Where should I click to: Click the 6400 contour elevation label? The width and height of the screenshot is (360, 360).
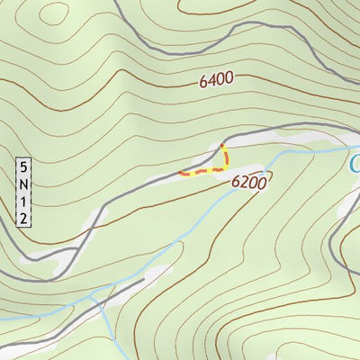[x=216, y=80]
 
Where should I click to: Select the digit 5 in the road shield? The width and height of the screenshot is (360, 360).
[x=24, y=167]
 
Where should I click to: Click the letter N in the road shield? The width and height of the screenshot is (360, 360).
[x=24, y=184]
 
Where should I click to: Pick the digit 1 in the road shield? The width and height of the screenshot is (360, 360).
[x=24, y=202]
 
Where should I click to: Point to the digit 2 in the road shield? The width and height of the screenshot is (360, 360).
[x=24, y=218]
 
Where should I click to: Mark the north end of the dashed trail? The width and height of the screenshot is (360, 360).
[x=221, y=144]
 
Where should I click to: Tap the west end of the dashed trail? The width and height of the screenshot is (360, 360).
[x=180, y=173]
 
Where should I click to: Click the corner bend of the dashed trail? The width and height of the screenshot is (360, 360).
[x=224, y=168]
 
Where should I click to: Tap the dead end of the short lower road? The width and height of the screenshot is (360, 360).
[x=144, y=280]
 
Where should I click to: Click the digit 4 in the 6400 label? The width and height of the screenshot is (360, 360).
[x=212, y=80]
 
